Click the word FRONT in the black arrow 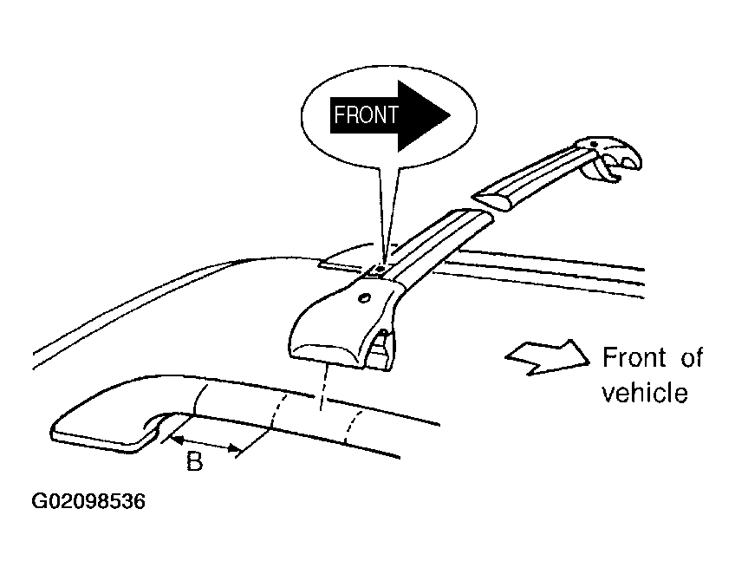pos(366,115)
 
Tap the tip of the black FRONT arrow pos(451,115)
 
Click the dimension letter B pos(194,461)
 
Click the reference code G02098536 pos(88,501)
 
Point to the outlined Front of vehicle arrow pos(547,358)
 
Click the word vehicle pos(645,393)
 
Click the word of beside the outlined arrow pos(691,357)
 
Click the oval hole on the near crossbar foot pos(364,297)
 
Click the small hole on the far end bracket pos(594,144)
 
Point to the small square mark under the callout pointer pos(380,270)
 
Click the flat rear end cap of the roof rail pos(101,434)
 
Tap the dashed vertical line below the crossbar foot pos(322,388)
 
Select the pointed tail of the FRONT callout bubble pos(386,216)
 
